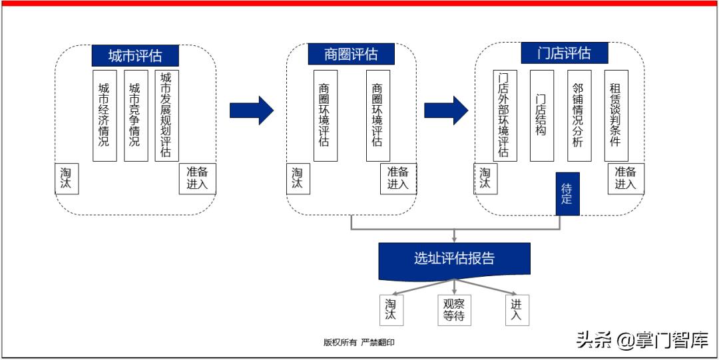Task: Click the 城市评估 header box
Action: [x=135, y=54]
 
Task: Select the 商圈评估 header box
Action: [x=351, y=54]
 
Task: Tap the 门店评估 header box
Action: [x=564, y=53]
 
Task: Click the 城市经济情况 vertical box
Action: [x=104, y=115]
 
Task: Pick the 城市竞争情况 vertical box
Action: [x=135, y=115]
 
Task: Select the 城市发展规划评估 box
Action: [x=166, y=115]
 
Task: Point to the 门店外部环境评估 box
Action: [x=505, y=115]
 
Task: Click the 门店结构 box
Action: [x=542, y=115]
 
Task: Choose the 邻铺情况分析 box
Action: [x=579, y=115]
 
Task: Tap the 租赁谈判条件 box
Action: [x=616, y=115]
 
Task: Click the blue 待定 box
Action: [x=567, y=193]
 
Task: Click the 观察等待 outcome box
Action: [x=454, y=310]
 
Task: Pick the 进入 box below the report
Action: [x=517, y=310]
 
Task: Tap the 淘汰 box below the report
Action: [x=391, y=310]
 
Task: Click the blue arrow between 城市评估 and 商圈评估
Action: [x=251, y=110]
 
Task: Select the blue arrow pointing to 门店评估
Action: [x=446, y=110]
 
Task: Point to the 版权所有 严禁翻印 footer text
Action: [x=363, y=342]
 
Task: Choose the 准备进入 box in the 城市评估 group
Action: [x=197, y=178]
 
